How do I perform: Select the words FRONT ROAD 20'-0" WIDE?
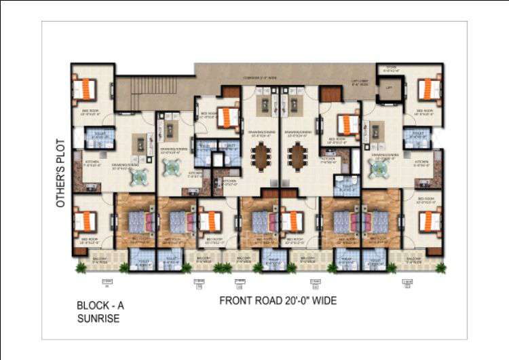point(278,300)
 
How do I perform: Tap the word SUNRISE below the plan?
point(98,318)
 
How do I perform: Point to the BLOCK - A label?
point(100,306)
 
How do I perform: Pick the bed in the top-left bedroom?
point(88,89)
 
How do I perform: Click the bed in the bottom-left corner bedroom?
point(88,221)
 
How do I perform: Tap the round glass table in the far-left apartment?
point(140,175)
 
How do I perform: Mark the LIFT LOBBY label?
point(360,84)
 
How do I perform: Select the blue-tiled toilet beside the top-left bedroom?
point(98,135)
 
